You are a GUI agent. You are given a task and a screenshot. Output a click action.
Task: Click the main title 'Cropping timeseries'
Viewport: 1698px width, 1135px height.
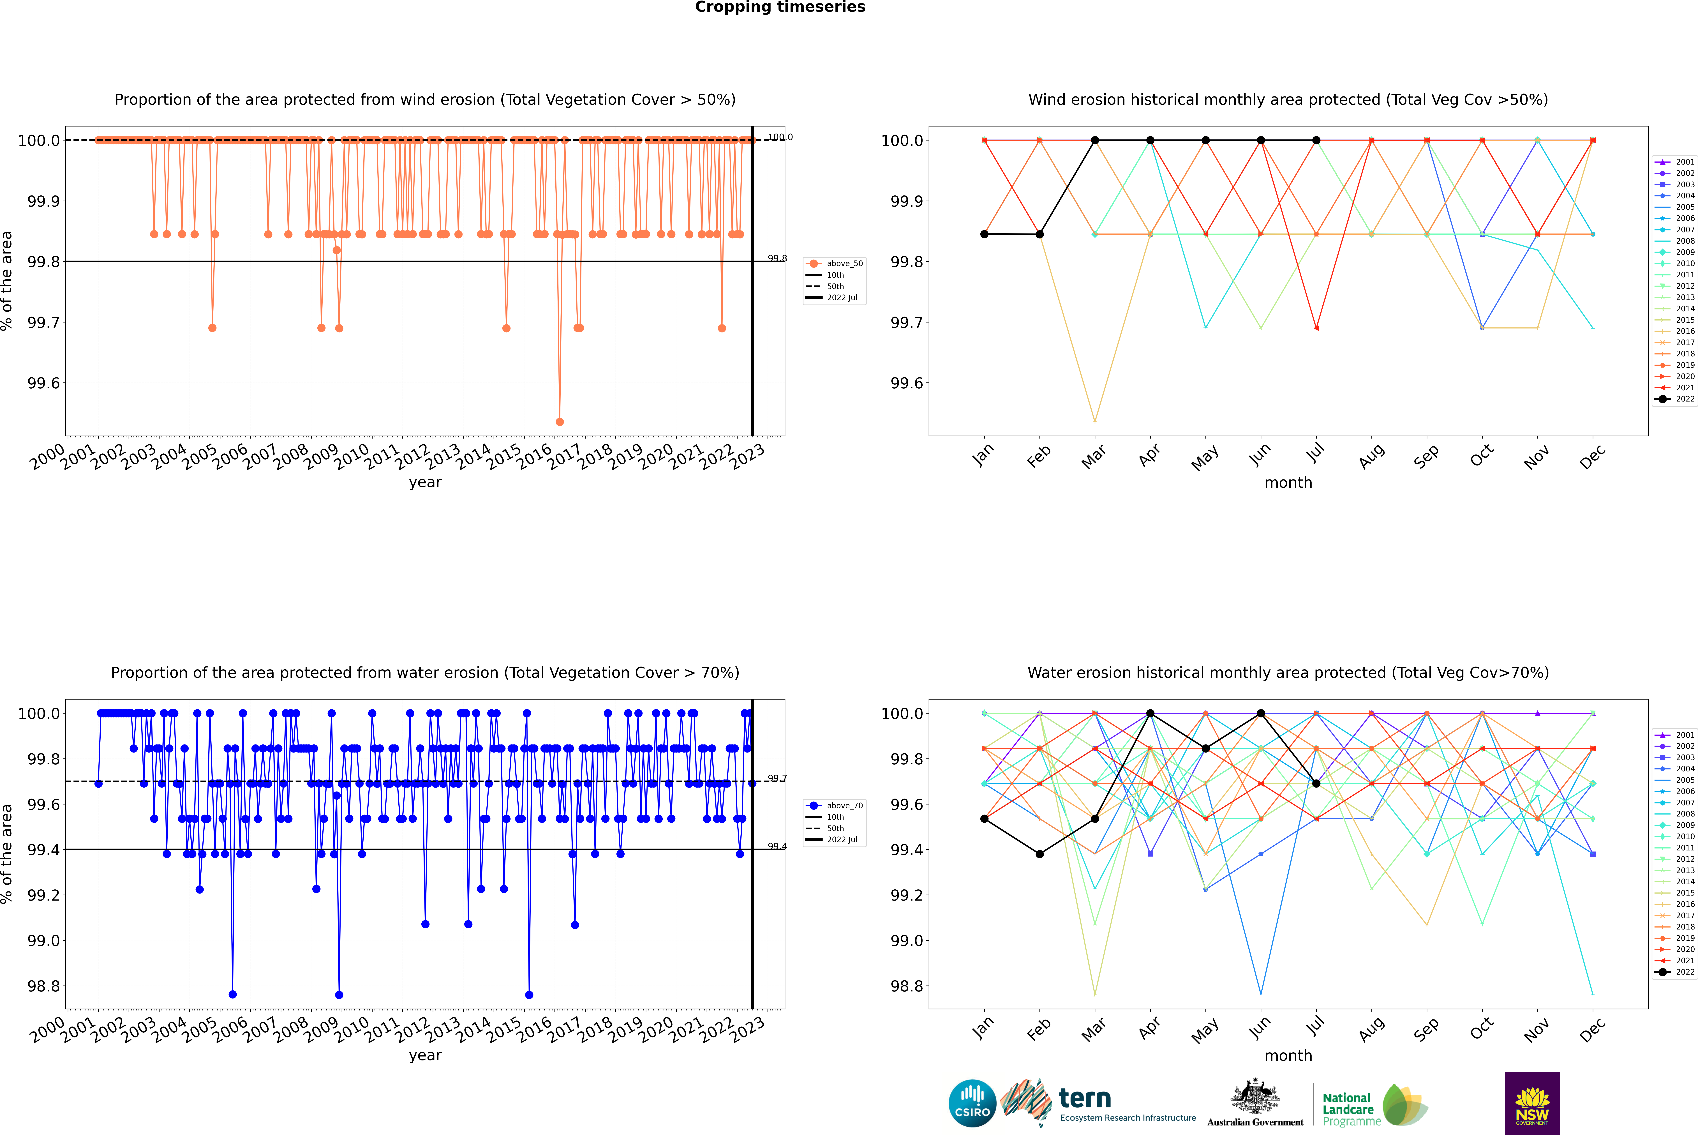pos(780,7)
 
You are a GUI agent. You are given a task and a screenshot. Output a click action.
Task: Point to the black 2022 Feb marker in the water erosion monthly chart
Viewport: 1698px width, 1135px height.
pos(1039,854)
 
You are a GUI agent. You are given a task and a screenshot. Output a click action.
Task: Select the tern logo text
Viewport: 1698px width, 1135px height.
pos(1084,1099)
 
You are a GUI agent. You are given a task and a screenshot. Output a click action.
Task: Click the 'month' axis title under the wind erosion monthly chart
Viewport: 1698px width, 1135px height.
pos(1288,483)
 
